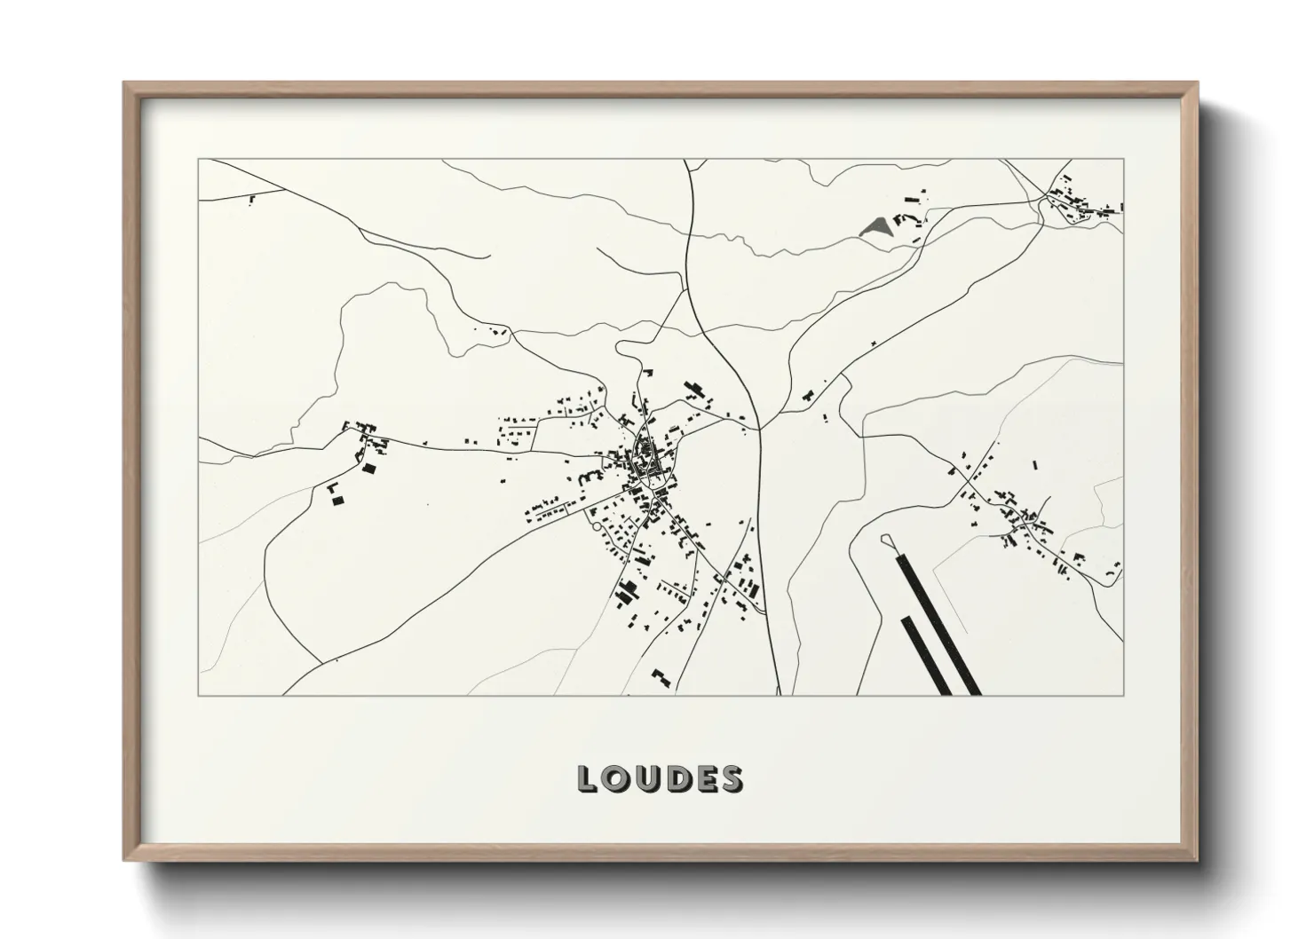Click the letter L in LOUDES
pos(588,778)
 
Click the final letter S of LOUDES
pos(732,778)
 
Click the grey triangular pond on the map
pos(876,227)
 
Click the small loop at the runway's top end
pos(886,539)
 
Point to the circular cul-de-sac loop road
pos(597,529)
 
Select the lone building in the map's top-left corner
pos(252,201)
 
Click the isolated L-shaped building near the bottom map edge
pos(660,677)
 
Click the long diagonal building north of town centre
pos(693,390)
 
